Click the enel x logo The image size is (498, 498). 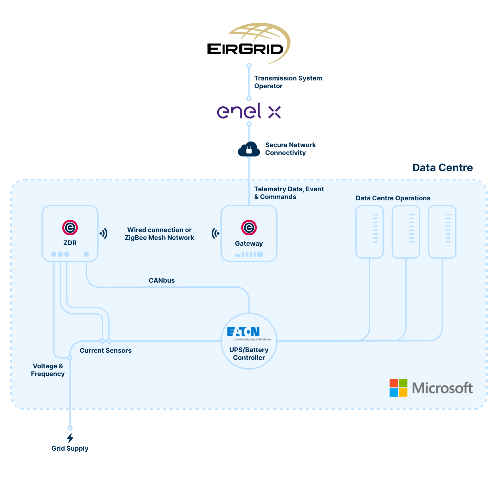click(x=249, y=111)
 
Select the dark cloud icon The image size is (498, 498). click(x=249, y=150)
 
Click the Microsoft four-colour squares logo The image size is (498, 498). click(x=398, y=388)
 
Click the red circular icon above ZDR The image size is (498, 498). click(x=70, y=228)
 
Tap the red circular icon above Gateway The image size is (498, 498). click(x=249, y=228)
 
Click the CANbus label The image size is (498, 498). click(x=162, y=280)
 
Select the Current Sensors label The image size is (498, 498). click(x=106, y=351)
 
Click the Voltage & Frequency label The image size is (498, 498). click(x=48, y=370)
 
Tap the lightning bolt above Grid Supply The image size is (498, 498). click(x=70, y=438)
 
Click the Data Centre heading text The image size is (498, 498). click(x=443, y=168)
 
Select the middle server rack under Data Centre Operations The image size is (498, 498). click(x=406, y=232)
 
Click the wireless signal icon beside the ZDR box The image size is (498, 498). click(x=104, y=233)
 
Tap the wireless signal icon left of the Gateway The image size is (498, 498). click(x=215, y=233)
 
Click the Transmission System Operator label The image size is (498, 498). click(x=288, y=82)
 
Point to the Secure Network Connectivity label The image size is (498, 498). click(x=290, y=149)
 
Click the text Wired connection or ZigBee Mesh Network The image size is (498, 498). click(x=159, y=234)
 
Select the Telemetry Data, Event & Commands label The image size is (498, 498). click(x=289, y=193)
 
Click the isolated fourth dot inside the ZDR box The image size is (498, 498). click(x=86, y=254)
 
